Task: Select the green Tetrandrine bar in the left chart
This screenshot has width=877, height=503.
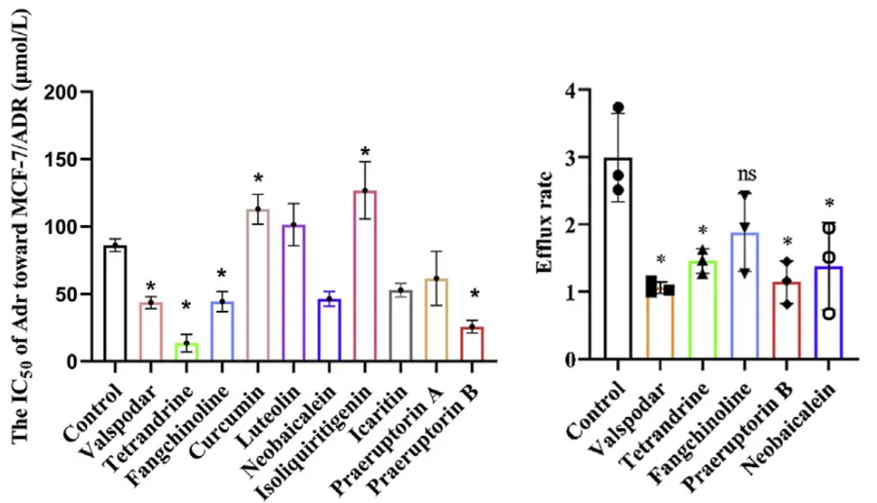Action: [186, 353]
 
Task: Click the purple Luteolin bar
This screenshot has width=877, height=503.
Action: [293, 292]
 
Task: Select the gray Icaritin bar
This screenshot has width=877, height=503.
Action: [400, 326]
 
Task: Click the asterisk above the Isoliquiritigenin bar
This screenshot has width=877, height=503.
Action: [364, 152]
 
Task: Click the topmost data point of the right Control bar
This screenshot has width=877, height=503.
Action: [618, 108]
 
